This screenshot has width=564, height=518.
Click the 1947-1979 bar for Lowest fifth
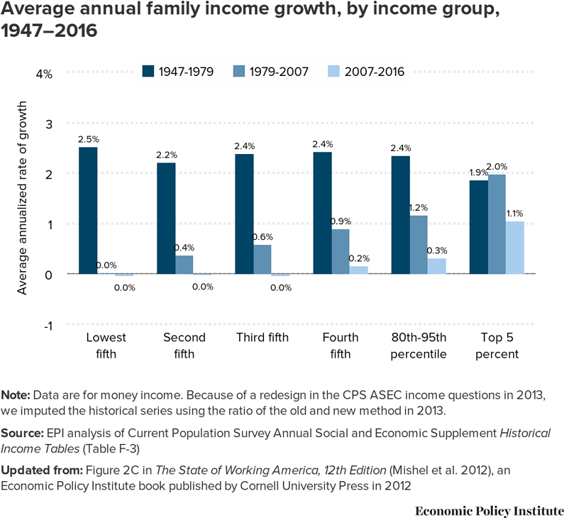[88, 211]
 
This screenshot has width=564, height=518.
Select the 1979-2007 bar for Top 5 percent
[497, 224]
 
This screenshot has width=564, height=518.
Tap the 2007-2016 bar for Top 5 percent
[514, 248]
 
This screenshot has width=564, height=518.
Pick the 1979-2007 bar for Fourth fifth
[341, 251]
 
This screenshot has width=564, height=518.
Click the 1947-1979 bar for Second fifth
[166, 219]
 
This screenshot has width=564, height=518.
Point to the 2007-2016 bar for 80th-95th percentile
[437, 266]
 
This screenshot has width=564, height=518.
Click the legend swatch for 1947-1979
[148, 71]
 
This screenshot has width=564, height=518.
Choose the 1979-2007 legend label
[277, 72]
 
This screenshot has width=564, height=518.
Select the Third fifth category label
[262, 338]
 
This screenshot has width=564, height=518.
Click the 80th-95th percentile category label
[419, 346]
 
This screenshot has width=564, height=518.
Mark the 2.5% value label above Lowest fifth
[88, 139]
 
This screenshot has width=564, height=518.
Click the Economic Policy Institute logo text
[490, 510]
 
